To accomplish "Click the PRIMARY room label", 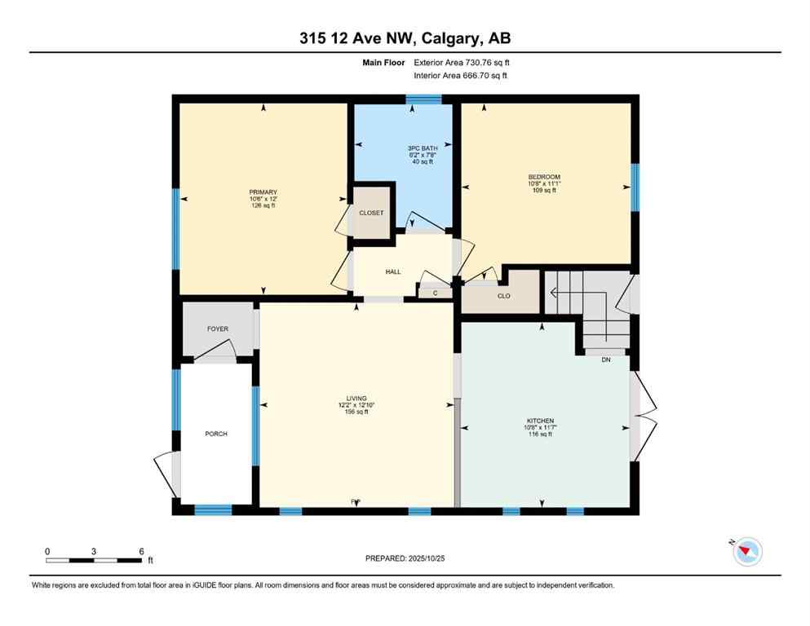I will point(263,192).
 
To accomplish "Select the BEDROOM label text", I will point(544,177).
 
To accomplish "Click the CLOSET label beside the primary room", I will point(371,213).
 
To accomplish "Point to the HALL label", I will point(393,271).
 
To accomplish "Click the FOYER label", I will point(218,329).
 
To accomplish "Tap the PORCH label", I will point(216,434).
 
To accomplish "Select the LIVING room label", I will point(356,399).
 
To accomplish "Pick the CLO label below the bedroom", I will point(503,296).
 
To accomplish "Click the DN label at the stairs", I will point(605,359).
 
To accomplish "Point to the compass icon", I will point(746,553).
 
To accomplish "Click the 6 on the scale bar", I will point(141,552).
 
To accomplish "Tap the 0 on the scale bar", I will point(47,552).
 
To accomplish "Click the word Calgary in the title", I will point(449,37).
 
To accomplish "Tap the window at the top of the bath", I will point(423,99).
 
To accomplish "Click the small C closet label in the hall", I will point(435,292).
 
